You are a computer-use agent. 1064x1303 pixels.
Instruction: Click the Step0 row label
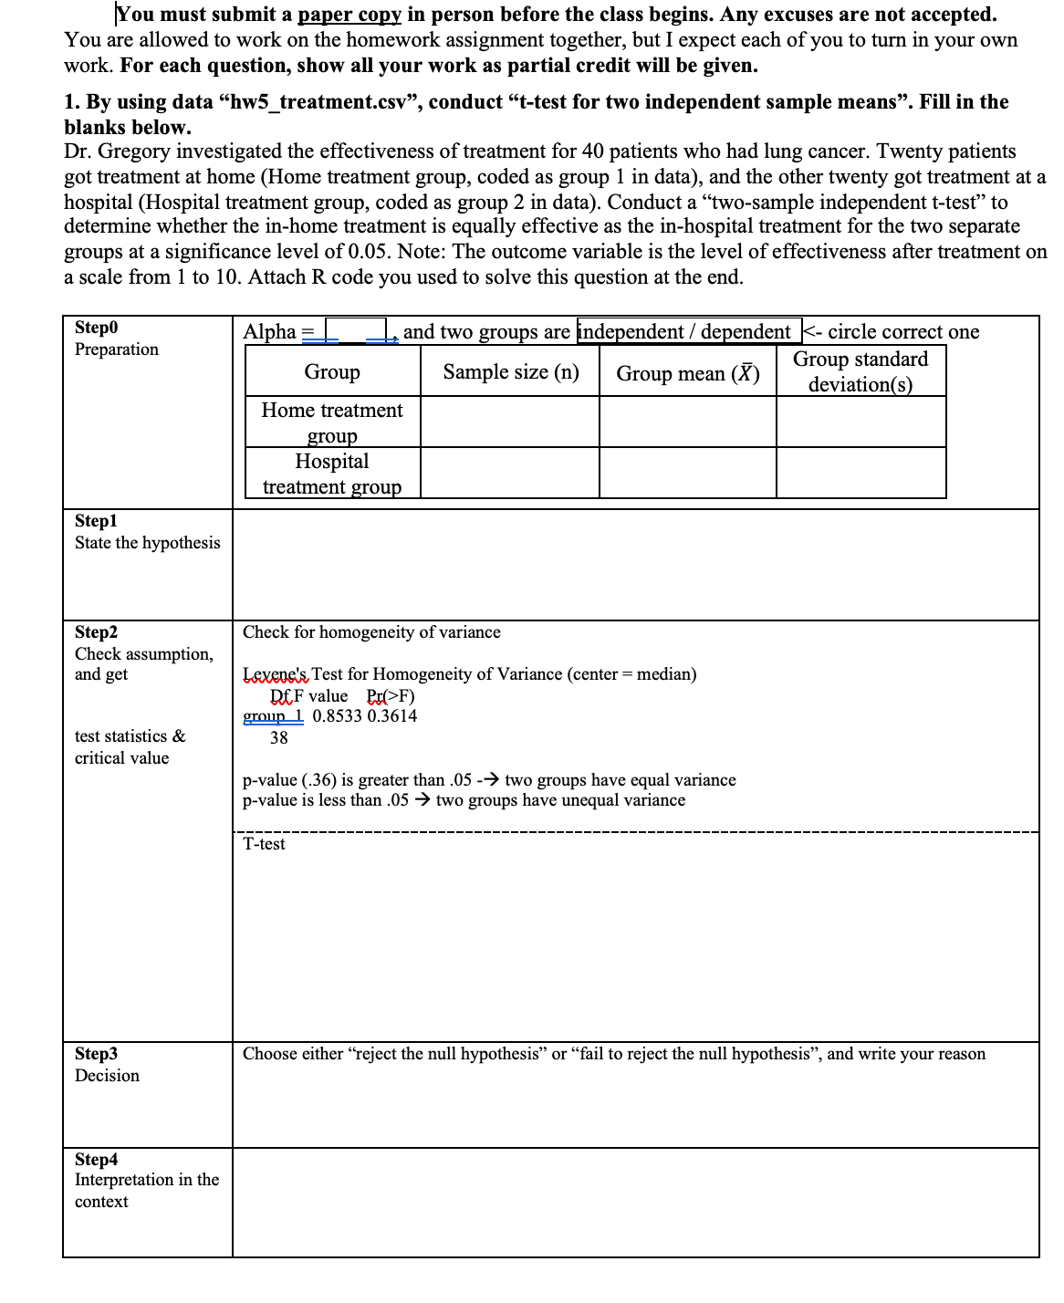pyautogui.click(x=96, y=328)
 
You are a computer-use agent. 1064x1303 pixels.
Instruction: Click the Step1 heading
pyautogui.click(x=96, y=521)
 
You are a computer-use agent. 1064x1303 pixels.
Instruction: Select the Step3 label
pyautogui.click(x=96, y=1054)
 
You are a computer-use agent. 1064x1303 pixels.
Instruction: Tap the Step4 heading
pyautogui.click(x=96, y=1160)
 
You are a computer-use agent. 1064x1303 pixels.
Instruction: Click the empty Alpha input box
pyautogui.click(x=356, y=330)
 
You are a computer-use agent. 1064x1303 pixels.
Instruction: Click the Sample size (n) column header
pyautogui.click(x=511, y=372)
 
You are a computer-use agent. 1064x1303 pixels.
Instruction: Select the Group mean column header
pyautogui.click(x=688, y=373)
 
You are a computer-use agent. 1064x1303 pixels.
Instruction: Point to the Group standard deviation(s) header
pyautogui.click(x=861, y=372)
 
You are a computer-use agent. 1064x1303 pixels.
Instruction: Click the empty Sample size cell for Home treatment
pyautogui.click(x=510, y=422)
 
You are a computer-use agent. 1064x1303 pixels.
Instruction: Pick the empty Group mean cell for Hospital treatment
pyautogui.click(x=688, y=473)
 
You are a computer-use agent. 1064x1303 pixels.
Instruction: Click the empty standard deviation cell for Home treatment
pyautogui.click(x=861, y=422)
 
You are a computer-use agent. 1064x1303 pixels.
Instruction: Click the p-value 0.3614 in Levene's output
pyautogui.click(x=392, y=716)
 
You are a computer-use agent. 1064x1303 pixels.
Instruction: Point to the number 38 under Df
pyautogui.click(x=279, y=738)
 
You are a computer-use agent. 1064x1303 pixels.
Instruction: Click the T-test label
pyautogui.click(x=264, y=844)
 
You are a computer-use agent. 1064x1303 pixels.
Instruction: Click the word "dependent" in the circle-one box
pyautogui.click(x=746, y=331)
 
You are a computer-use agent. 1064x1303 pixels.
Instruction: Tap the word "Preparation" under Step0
pyautogui.click(x=117, y=349)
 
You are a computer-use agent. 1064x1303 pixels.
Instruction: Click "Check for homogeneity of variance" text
pyautogui.click(x=371, y=632)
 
